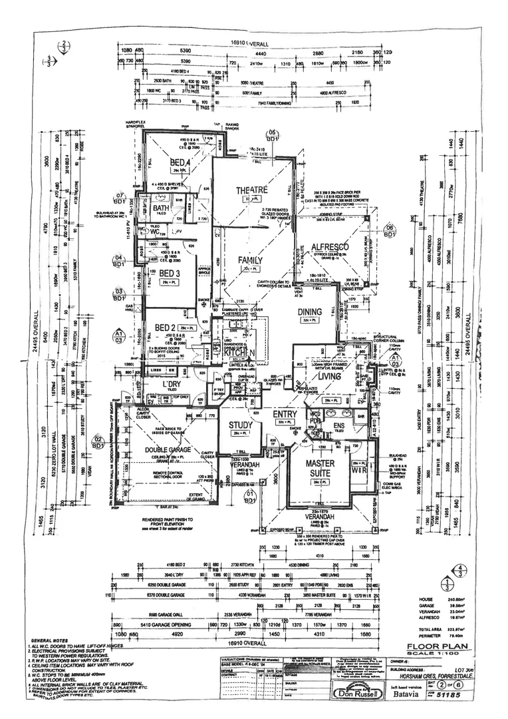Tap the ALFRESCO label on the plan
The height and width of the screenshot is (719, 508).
330,247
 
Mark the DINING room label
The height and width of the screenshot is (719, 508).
310,312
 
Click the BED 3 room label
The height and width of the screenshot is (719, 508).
170,274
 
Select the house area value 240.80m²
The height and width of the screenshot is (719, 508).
456,599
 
